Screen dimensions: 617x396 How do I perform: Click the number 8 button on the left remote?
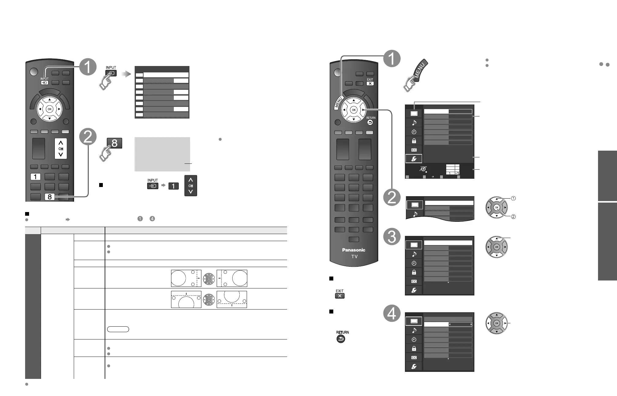[x=50, y=197]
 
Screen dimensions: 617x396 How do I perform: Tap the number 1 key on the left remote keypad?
[x=36, y=177]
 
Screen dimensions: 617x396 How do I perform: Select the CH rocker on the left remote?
[x=61, y=149]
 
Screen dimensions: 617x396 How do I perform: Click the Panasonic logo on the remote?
[x=353, y=250]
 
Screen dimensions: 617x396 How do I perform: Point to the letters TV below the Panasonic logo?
[x=354, y=257]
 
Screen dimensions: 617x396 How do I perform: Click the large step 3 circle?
[x=392, y=237]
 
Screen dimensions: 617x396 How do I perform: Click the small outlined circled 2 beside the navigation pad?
[x=514, y=217]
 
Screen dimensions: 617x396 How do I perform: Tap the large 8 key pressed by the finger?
[x=114, y=143]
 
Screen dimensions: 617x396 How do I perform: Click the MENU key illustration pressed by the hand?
[x=419, y=71]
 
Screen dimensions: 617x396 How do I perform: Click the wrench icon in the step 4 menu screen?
[x=414, y=367]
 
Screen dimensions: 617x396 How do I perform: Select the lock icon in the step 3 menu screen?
[x=414, y=272]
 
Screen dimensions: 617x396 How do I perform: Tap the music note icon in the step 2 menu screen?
[x=415, y=214]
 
